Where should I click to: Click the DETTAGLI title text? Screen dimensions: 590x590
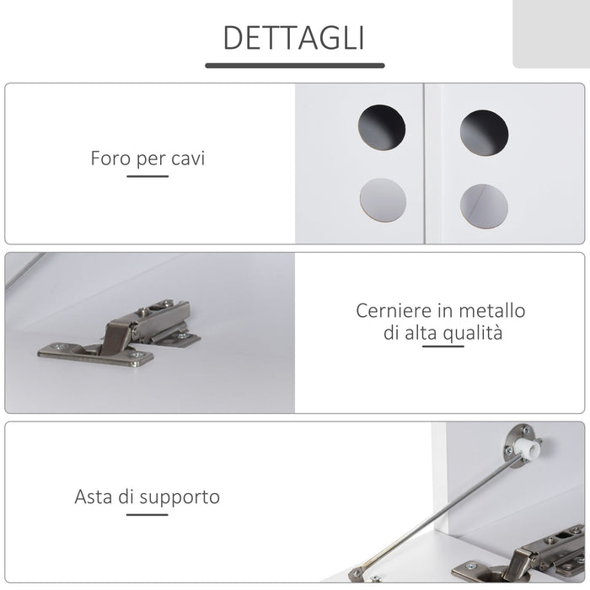(294, 38)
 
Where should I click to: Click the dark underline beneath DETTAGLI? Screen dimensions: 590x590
(294, 65)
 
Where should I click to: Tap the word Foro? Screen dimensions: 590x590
(110, 158)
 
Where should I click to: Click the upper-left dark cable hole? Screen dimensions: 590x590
(382, 128)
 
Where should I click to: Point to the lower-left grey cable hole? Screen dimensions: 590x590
(383, 200)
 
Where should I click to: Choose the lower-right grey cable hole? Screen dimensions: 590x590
(484, 204)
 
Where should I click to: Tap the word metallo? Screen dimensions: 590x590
(491, 310)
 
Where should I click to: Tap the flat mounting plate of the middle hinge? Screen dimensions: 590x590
(97, 353)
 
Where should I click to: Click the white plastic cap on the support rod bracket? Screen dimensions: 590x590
(528, 447)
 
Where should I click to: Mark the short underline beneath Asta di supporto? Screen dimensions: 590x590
(147, 514)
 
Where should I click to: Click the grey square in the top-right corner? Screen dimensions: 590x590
(551, 34)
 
